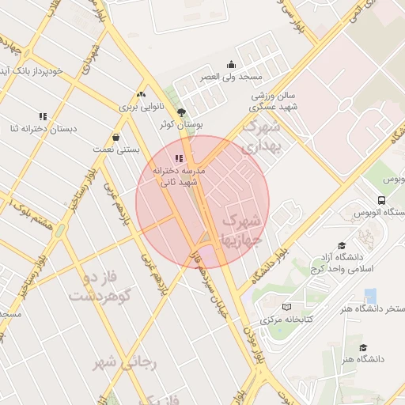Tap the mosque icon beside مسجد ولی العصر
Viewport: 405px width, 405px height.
click(231, 64)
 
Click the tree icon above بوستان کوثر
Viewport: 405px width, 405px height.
click(183, 113)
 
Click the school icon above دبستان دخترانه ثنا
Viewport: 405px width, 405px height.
click(43, 116)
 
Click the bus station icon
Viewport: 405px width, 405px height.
click(381, 200)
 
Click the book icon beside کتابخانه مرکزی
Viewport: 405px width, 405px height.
click(286, 306)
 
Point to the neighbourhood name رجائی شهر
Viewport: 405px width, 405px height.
click(127, 362)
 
